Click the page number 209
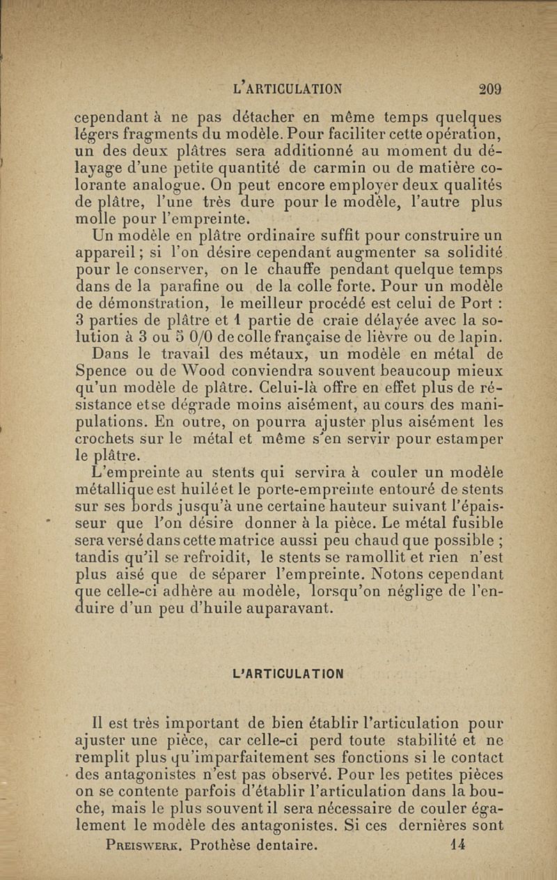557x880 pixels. [x=490, y=88]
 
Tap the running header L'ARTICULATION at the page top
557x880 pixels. [x=289, y=88]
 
